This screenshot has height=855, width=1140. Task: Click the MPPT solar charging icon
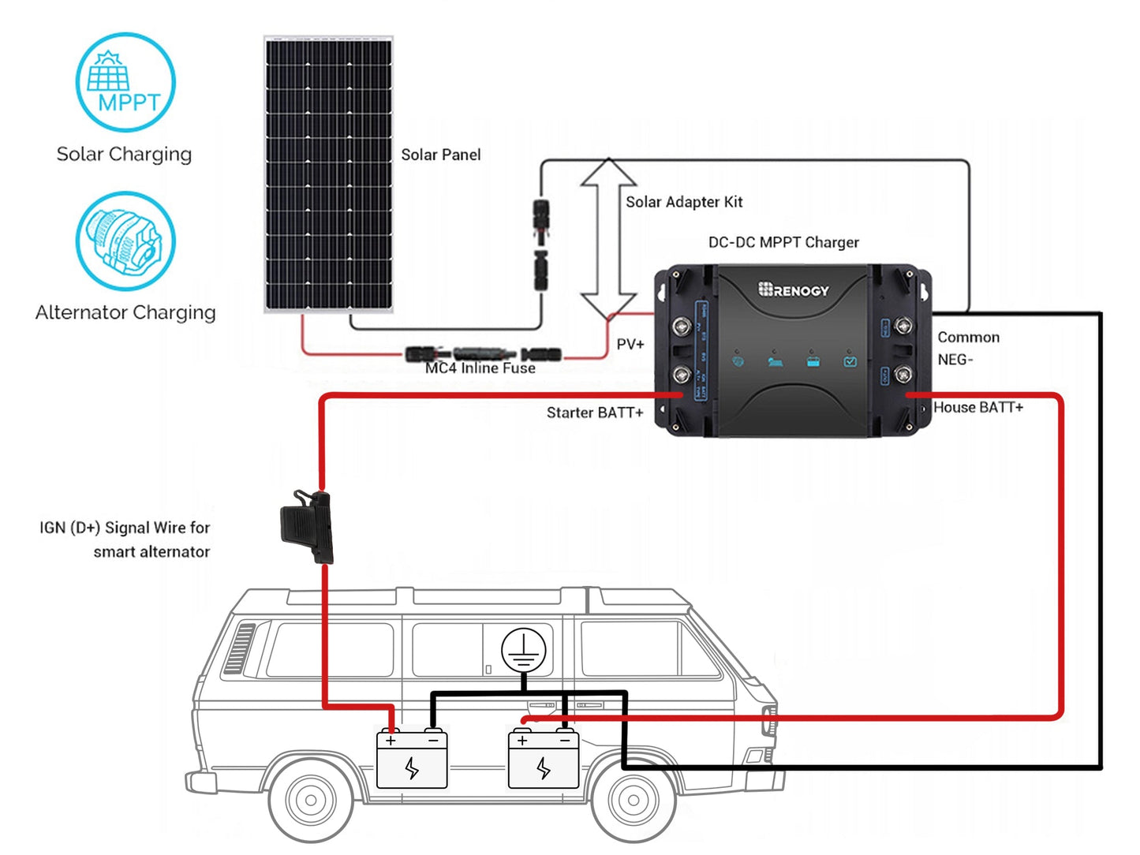click(125, 82)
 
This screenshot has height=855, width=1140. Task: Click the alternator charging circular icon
click(125, 241)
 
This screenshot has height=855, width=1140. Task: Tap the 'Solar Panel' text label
click(440, 155)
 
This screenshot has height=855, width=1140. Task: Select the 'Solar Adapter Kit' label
click(684, 202)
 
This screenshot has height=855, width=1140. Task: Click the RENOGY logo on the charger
click(794, 290)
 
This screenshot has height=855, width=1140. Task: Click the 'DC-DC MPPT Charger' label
click(783, 242)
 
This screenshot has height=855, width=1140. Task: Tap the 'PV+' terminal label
click(630, 345)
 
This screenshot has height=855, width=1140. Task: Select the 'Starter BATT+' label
click(594, 413)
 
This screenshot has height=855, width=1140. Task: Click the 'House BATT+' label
click(977, 407)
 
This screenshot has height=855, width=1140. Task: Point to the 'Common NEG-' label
click(967, 348)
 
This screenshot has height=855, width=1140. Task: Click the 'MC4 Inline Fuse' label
click(480, 368)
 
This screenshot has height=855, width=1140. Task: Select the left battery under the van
click(412, 760)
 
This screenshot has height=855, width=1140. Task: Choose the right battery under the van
click(543, 760)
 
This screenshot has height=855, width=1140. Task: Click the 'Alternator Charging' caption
click(125, 313)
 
